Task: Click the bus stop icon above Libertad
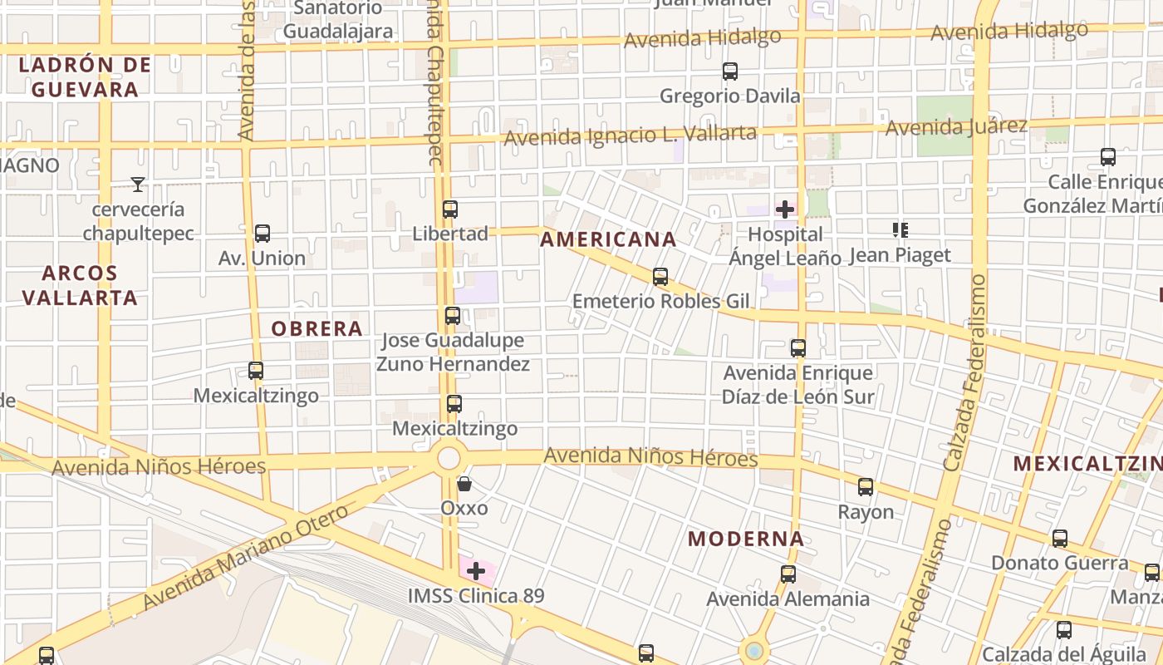(x=450, y=209)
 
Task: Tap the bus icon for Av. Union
(x=263, y=234)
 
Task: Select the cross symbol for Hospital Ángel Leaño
(x=785, y=209)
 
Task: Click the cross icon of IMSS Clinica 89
(x=476, y=571)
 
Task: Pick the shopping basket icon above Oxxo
(x=464, y=484)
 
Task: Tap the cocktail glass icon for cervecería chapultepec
(x=138, y=184)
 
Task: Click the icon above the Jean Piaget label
(x=900, y=230)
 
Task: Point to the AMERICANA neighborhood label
(x=608, y=239)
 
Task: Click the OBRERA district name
(x=317, y=328)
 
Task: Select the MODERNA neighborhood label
(x=746, y=539)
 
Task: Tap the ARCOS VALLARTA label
(x=80, y=285)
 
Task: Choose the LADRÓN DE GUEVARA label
(x=85, y=76)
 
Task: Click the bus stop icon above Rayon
(x=866, y=487)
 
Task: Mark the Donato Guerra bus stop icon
(x=1060, y=539)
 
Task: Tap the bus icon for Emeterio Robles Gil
(x=660, y=277)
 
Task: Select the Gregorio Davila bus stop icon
(x=730, y=71)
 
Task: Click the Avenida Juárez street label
(x=956, y=127)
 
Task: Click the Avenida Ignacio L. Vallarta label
(x=631, y=135)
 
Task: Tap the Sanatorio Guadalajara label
(x=338, y=20)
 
